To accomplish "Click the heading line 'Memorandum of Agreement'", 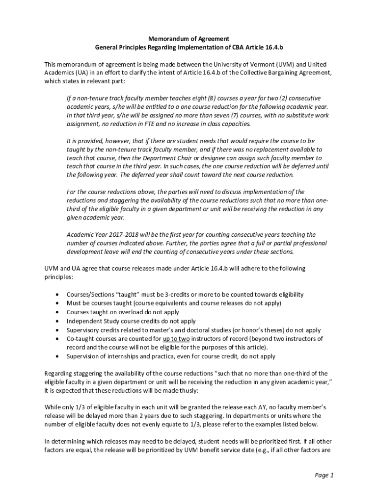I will (x=189, y=38).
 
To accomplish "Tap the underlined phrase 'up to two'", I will (x=177, y=339).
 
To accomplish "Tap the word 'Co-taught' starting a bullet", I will (x=80, y=339).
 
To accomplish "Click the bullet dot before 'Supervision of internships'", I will (x=59, y=356).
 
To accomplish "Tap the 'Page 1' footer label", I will (x=324, y=475).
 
